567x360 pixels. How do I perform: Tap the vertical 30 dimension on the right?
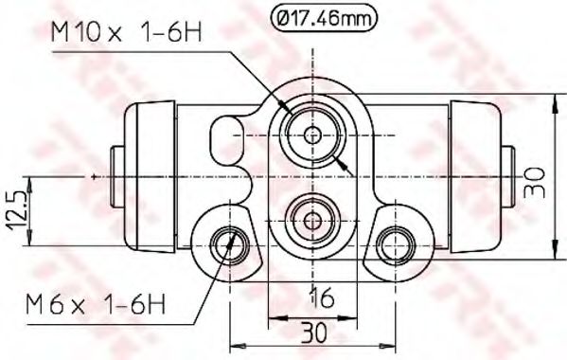coord(539,178)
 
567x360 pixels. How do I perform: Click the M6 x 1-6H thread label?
coord(97,305)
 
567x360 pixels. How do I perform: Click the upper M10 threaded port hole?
coord(311,135)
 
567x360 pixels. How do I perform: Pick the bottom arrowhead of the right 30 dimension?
coord(552,255)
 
